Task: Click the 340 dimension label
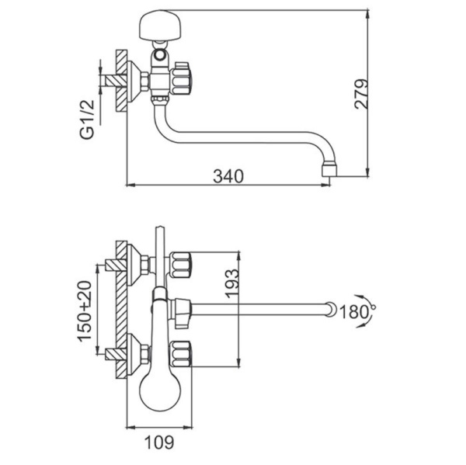point(228,176)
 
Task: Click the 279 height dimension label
point(362,94)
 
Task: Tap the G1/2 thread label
point(87,119)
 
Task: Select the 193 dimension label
point(231,283)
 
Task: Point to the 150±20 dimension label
point(85,311)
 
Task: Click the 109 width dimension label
point(159,442)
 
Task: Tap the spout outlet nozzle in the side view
point(329,168)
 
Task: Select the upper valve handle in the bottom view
point(180,265)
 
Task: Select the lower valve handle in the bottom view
point(180,354)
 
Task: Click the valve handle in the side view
point(180,78)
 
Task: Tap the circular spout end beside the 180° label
point(332,310)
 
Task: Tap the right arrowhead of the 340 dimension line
point(326,185)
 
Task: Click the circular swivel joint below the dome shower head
point(161,54)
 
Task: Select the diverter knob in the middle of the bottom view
point(182,313)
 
